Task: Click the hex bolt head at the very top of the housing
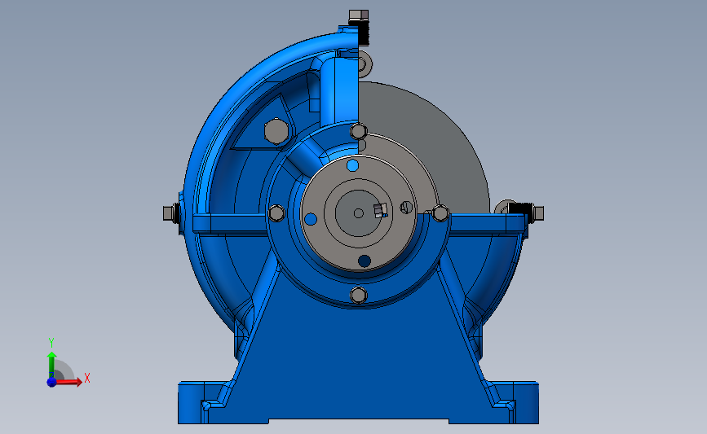[358, 15]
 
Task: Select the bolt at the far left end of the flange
[170, 213]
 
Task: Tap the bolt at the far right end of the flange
[536, 213]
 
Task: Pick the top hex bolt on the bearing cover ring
[357, 131]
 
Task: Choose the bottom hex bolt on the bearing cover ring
[357, 295]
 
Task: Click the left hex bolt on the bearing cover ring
[276, 213]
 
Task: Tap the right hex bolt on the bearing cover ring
[440, 213]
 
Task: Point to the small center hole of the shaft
[359, 213]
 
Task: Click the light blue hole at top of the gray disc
[352, 166]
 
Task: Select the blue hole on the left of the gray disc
[311, 218]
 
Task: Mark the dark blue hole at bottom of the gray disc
[365, 261]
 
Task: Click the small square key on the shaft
[378, 211]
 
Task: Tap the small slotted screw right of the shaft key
[406, 207]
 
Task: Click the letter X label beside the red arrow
[86, 378]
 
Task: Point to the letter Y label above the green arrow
[51, 343]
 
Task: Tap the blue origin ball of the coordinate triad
[51, 381]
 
